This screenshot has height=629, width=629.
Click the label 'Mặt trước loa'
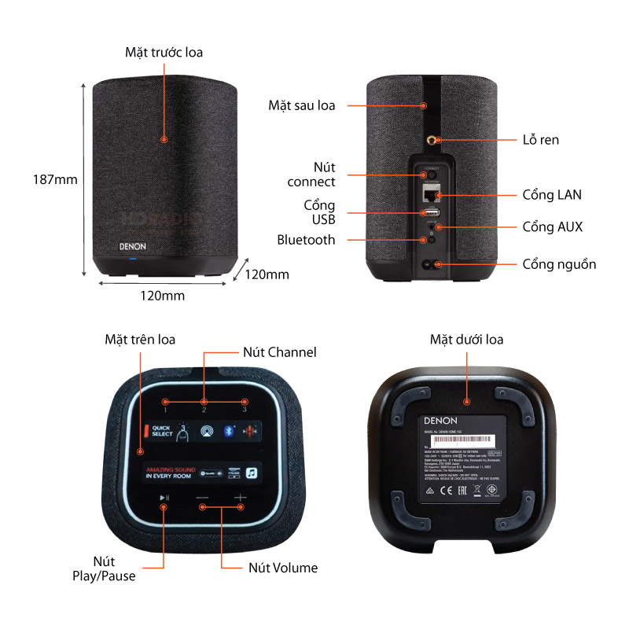tap(164, 53)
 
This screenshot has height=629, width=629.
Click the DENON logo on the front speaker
tap(133, 245)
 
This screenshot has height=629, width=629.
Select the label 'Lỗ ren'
tap(540, 140)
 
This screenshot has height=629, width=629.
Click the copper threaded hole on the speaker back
tap(431, 140)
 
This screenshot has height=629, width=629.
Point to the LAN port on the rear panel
tap(429, 193)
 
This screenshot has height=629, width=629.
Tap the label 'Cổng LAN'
tap(551, 194)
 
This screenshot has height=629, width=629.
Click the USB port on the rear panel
tap(430, 212)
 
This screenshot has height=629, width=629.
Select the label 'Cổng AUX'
tap(552, 226)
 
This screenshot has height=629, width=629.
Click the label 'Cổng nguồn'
tap(559, 264)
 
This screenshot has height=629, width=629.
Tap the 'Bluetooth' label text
tap(306, 240)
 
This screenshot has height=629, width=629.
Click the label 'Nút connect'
tap(311, 174)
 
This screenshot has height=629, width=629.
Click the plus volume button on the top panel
tap(240, 498)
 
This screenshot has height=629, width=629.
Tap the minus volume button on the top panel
tap(203, 498)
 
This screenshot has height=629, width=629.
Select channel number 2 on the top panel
tap(204, 410)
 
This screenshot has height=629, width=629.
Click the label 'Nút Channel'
tap(279, 352)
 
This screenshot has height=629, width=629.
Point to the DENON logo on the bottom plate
tap(440, 422)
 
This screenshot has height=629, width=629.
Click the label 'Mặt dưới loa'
tap(466, 340)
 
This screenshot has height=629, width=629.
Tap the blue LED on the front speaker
tap(133, 259)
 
